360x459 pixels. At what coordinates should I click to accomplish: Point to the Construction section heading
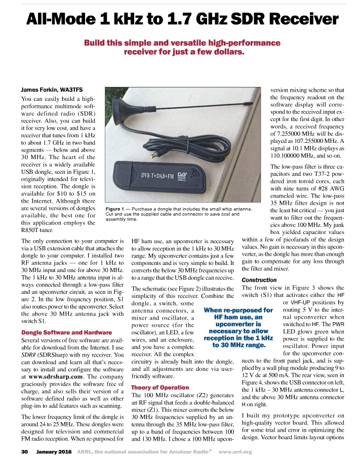pos(259,280)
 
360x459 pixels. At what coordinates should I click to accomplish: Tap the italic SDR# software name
pos(29,355)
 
